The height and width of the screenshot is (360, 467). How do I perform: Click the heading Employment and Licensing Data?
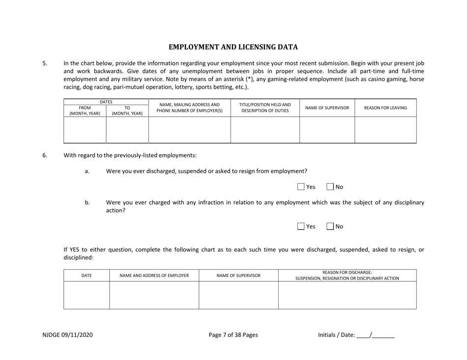[x=233, y=48]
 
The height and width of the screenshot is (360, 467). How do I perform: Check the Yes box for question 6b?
[x=301, y=226]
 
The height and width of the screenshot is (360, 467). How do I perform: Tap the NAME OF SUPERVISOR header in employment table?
[x=327, y=108]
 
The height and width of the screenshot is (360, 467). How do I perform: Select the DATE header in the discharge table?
[x=87, y=276]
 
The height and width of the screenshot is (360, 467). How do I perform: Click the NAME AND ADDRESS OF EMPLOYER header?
[x=154, y=276]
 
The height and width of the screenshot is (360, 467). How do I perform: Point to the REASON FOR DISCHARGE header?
[x=348, y=276]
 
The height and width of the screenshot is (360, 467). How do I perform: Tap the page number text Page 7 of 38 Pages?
[x=233, y=335]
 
